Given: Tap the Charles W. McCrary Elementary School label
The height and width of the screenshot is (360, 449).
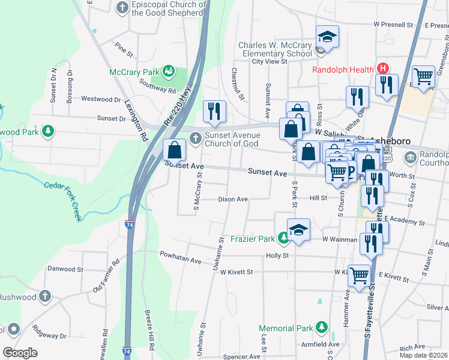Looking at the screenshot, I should (x=276, y=49).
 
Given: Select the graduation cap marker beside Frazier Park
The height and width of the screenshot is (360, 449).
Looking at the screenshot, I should (x=298, y=230).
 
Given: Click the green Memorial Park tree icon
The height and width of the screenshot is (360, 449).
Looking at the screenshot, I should (x=322, y=328).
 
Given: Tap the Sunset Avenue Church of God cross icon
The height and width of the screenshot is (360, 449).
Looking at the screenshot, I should (x=194, y=139).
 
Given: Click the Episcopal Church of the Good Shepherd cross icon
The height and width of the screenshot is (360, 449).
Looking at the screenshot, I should (x=122, y=8).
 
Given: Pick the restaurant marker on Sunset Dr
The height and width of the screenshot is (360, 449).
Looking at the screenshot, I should (x=214, y=111).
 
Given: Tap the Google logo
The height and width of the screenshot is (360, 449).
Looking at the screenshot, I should (x=20, y=352).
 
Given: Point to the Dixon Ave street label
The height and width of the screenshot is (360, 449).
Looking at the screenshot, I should (x=233, y=199).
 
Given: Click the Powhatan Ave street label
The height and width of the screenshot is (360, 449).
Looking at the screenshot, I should (x=180, y=257).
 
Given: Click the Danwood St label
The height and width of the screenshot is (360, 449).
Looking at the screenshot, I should (x=64, y=269).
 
